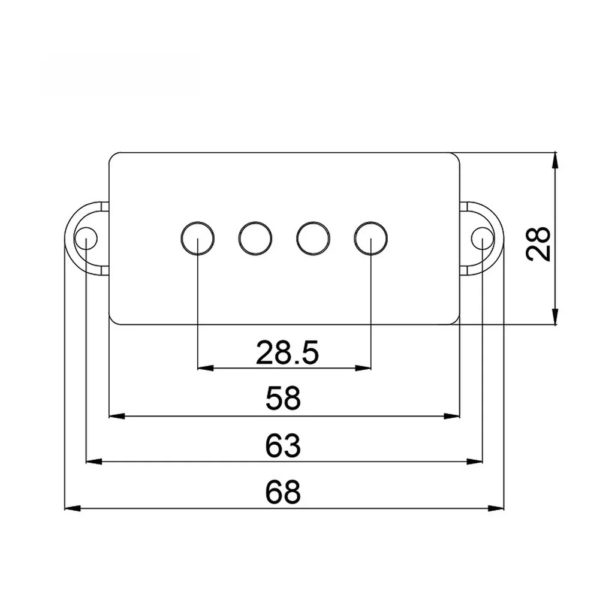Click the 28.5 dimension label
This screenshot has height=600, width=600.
click(287, 352)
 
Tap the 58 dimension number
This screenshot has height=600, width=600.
click(283, 398)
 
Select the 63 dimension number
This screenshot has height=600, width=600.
click(283, 445)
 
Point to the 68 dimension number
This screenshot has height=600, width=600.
click(283, 492)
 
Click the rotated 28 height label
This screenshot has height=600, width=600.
click(538, 244)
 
